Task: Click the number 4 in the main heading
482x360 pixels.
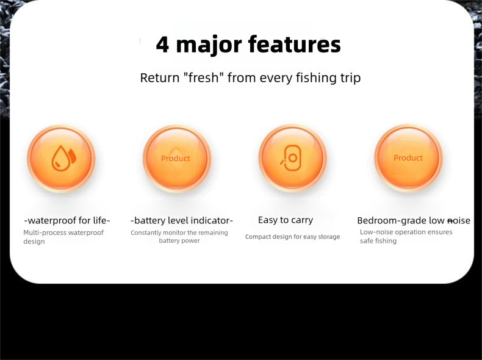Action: click(162, 45)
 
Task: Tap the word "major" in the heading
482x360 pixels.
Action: click(209, 46)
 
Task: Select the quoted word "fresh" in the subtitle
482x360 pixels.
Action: click(203, 77)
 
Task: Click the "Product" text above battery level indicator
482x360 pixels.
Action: click(176, 158)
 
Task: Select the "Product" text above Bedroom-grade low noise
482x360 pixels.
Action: click(408, 157)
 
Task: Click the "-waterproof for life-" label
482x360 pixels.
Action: click(67, 220)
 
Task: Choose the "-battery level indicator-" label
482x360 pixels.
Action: click(182, 220)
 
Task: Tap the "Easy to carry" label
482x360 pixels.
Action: click(286, 220)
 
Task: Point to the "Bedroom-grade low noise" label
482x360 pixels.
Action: click(414, 221)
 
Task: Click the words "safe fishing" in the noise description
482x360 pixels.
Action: click(378, 241)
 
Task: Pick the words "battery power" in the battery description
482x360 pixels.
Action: click(179, 241)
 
